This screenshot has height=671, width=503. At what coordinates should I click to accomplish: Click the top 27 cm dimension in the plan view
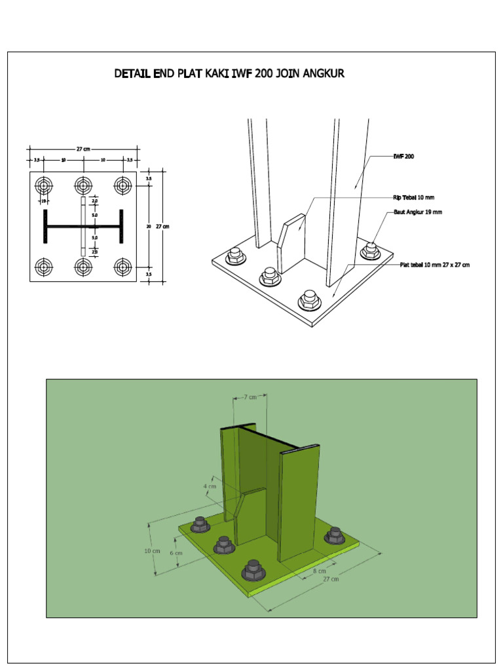[82, 149]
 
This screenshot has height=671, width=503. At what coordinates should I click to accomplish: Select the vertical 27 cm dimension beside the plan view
[162, 227]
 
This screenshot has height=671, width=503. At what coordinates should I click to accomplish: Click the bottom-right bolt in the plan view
[122, 267]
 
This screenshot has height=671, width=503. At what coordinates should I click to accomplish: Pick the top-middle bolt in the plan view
[83, 185]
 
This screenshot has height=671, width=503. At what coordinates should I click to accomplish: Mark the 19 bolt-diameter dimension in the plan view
[43, 201]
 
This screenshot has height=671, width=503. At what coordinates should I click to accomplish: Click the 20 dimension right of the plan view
[149, 226]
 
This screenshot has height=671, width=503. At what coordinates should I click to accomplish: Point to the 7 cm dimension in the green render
[250, 397]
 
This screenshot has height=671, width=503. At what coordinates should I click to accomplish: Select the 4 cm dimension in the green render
[209, 486]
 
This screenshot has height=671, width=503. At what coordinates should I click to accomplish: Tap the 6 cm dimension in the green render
[176, 552]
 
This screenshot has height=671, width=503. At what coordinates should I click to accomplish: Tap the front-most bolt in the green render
[253, 571]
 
